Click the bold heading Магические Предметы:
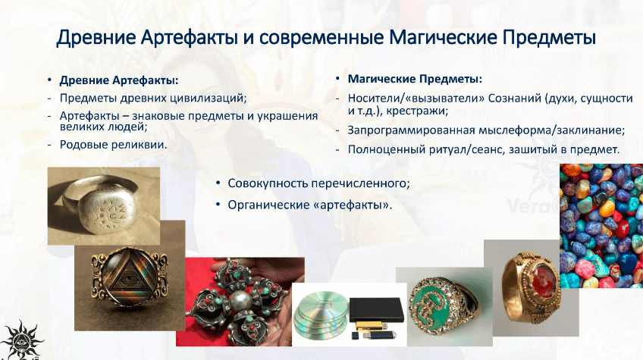415,79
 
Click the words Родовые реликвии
114,144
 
